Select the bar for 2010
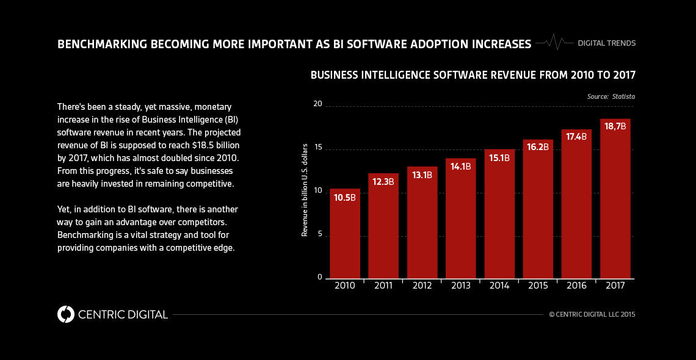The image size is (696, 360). click(x=345, y=235)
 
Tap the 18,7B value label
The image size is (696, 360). click(x=615, y=126)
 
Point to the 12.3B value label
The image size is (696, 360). click(x=383, y=181)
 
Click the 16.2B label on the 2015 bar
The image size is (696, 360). click(x=538, y=147)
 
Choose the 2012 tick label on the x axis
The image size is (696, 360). click(x=422, y=286)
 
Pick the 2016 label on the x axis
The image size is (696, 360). click(x=576, y=286)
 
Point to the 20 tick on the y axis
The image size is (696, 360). click(x=317, y=104)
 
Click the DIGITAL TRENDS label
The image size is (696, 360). click(x=606, y=43)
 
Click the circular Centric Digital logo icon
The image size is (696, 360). click(x=66, y=314)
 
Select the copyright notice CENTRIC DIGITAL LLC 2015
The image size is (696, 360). click(x=592, y=315)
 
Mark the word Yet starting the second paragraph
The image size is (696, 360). click(x=64, y=209)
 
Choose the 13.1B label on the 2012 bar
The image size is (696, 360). click(x=422, y=175)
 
